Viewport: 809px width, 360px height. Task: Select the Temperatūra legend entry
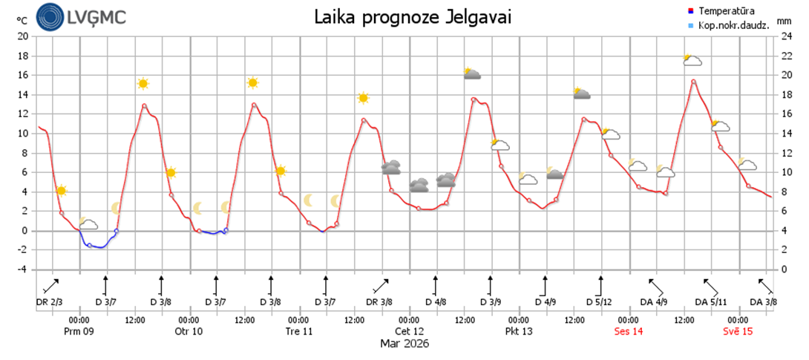click(721, 11)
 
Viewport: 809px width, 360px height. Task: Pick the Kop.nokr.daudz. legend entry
click(725, 25)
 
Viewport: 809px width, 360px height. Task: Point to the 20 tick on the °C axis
click(22, 36)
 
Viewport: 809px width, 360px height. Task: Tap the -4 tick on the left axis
click(22, 269)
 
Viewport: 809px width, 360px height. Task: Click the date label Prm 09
click(79, 331)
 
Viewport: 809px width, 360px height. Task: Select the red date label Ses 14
click(629, 331)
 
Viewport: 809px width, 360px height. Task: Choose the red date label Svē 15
click(738, 331)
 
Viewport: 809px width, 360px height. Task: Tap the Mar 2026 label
click(404, 344)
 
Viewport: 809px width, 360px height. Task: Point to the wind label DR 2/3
click(50, 302)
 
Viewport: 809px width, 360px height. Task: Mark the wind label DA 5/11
click(711, 302)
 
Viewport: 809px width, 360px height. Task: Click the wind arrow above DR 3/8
click(380, 287)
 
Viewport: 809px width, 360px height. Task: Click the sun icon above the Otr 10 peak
click(253, 83)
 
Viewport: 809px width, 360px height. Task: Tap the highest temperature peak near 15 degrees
click(693, 81)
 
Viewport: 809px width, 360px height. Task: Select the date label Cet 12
click(410, 331)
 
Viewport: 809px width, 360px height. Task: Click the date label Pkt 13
click(519, 331)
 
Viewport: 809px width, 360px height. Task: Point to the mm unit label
click(785, 22)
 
